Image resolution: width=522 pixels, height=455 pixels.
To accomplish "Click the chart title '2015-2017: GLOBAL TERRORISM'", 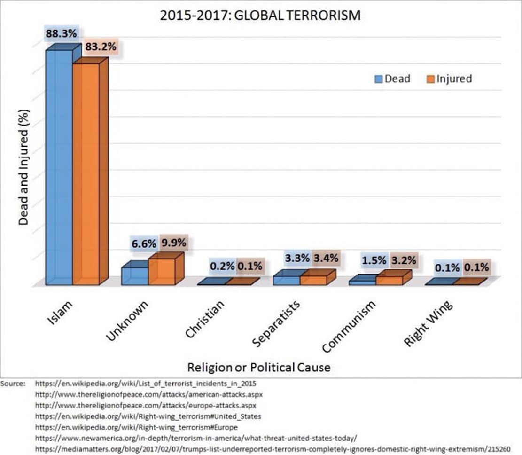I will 260,15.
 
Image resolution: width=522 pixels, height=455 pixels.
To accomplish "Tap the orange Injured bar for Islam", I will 86,174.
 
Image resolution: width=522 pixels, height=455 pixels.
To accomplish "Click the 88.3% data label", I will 61,34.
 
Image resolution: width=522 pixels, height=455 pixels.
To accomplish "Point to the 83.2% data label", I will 101,47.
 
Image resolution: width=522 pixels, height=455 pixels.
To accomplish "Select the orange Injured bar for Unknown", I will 162,272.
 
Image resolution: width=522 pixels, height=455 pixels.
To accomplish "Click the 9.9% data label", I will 174,243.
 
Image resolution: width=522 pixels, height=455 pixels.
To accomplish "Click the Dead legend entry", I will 392,78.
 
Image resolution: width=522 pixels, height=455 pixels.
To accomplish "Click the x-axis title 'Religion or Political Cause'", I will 259,367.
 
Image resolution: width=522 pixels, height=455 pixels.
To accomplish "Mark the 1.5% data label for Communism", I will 374,260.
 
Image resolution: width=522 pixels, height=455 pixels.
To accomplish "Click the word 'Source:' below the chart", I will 13,384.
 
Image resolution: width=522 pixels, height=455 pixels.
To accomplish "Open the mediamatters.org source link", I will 273,448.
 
